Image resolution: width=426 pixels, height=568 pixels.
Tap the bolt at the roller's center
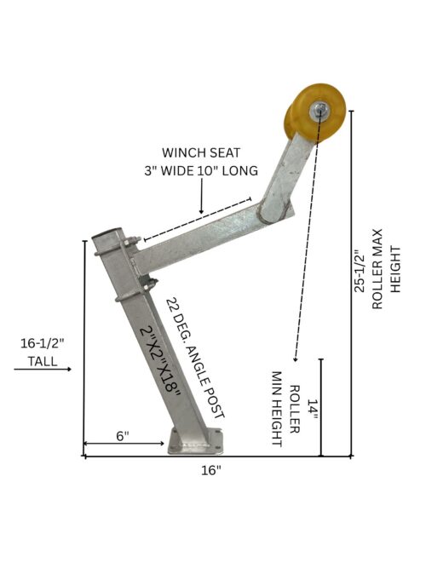[x=318, y=109]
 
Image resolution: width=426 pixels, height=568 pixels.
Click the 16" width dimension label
[x=211, y=471]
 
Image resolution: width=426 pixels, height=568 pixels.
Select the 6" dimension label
[x=123, y=436]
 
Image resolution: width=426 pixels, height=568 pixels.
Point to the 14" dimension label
[x=312, y=410]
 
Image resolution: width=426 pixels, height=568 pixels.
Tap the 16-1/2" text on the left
[x=42, y=343]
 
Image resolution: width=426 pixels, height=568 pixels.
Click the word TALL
[x=43, y=361]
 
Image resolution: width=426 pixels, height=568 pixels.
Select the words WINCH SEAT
[x=201, y=153]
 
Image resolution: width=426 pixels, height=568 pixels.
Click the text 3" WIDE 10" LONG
[x=201, y=170]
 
